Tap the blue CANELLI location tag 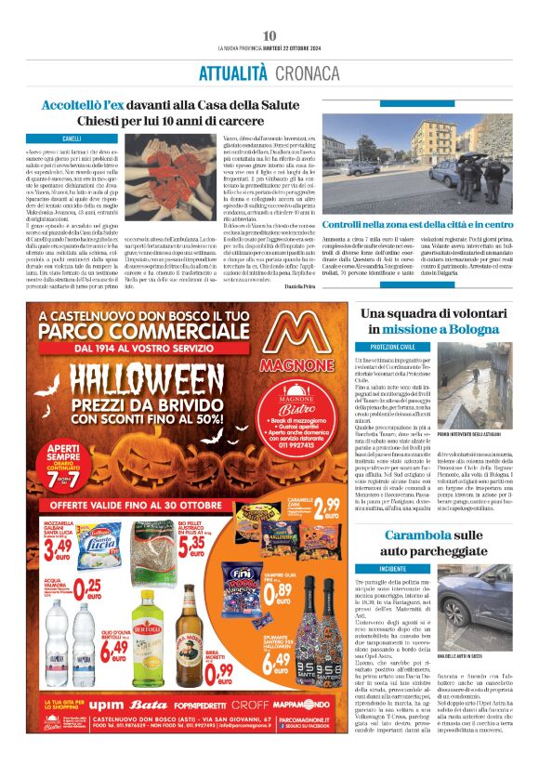point(72,138)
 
